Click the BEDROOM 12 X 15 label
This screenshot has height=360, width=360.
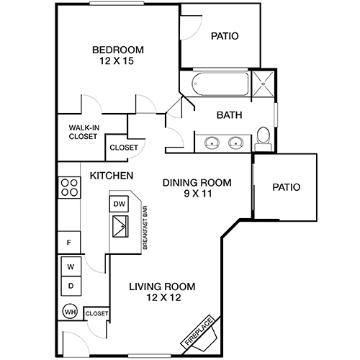click(x=117, y=55)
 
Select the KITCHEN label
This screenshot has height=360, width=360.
click(x=111, y=175)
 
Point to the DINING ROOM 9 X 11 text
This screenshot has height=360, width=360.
click(x=197, y=189)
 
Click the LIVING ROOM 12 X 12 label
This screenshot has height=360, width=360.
click(x=162, y=292)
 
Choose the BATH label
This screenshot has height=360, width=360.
click(x=229, y=114)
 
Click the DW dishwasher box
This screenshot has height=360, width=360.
click(x=120, y=204)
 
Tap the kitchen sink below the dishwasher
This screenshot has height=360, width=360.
click(x=120, y=230)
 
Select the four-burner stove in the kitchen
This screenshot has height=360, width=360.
click(x=69, y=187)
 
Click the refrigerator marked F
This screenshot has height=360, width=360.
click(x=69, y=243)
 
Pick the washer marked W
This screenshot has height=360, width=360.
click(x=71, y=267)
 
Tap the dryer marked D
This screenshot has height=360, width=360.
click(x=71, y=286)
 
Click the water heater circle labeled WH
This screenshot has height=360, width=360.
click(x=70, y=313)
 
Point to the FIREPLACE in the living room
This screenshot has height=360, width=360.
click(x=201, y=331)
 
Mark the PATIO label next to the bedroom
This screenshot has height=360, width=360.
click(x=225, y=36)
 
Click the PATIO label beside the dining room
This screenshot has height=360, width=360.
click(x=285, y=187)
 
